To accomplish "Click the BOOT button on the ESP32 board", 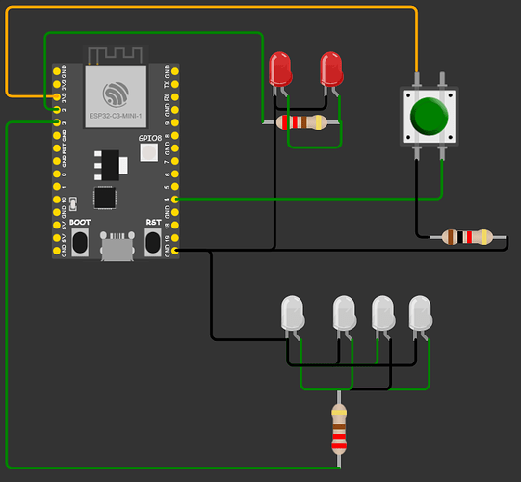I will (x=80, y=242).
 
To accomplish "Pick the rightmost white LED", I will (x=421, y=313).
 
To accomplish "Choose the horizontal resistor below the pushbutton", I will (x=466, y=236).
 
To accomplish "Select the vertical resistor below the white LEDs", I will (x=339, y=429).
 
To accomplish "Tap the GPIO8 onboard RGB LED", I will (x=149, y=157).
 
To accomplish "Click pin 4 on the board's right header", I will (x=174, y=200).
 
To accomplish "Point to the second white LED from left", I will (x=344, y=313).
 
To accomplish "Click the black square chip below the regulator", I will (x=103, y=198).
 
